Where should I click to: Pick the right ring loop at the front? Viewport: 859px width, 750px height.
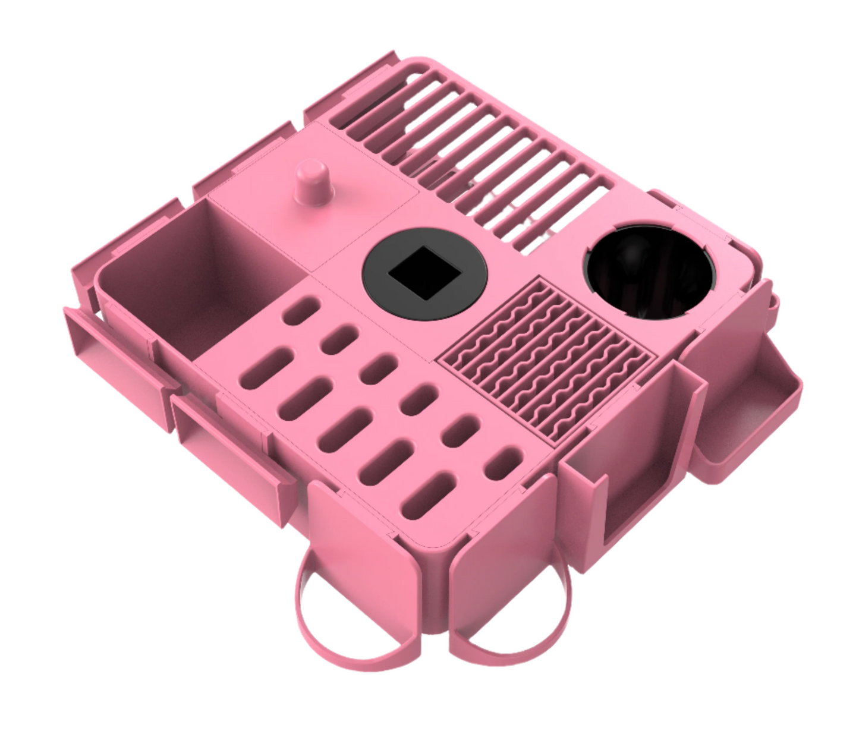pyautogui.click(x=517, y=624)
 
